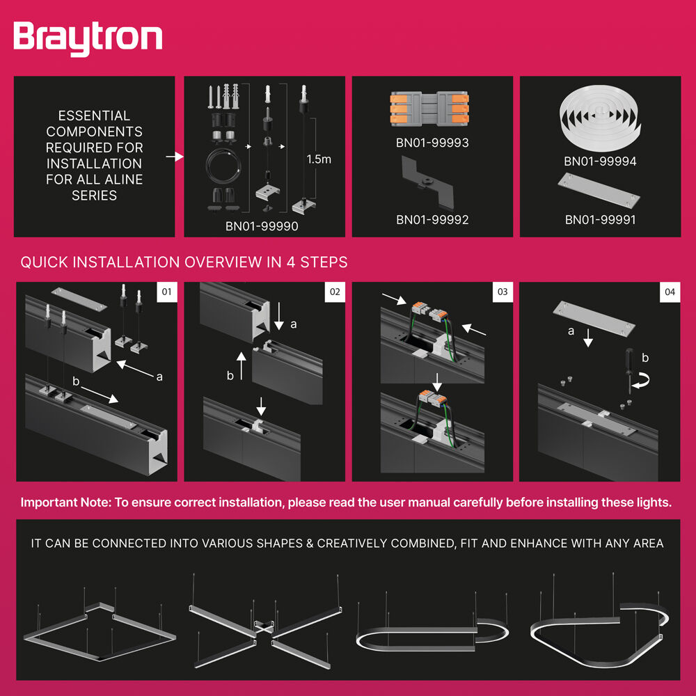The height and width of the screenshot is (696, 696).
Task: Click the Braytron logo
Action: (88, 38)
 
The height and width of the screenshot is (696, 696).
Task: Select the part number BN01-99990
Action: (264, 226)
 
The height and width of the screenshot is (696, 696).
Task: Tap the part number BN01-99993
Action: (432, 143)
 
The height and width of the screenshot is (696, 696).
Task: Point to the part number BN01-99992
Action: (432, 220)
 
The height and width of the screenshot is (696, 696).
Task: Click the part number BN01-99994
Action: (600, 161)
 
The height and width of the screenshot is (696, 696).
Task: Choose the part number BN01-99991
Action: (600, 220)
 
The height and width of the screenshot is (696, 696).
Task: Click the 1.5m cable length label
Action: (319, 159)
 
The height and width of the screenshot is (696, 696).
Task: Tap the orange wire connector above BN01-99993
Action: (432, 109)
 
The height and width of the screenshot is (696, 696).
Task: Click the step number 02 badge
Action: (334, 292)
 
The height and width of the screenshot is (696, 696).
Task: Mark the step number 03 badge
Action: (503, 292)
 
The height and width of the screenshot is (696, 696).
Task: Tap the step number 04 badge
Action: (670, 292)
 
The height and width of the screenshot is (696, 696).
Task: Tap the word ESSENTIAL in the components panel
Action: (94, 116)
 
